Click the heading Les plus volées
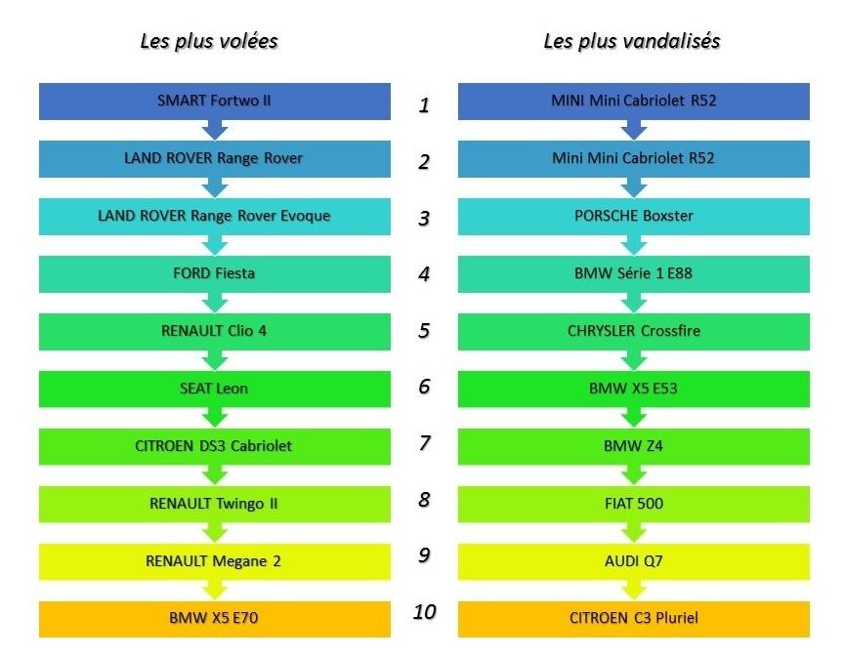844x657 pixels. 209,41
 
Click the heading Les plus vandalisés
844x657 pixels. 632,41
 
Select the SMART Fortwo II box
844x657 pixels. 214,101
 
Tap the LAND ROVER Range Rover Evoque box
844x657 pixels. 214,216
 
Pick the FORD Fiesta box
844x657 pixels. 214,273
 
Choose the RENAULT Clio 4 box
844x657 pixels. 214,331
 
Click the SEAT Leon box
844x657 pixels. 214,389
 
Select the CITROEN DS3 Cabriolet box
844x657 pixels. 214,446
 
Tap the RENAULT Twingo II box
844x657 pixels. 214,504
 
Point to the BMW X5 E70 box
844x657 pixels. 214,618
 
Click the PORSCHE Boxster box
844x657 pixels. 633,216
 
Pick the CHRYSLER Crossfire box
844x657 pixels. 633,331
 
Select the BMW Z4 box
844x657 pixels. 633,446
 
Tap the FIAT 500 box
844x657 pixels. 633,504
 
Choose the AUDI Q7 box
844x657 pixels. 633,561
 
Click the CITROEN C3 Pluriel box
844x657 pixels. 633,618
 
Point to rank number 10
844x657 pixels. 424,612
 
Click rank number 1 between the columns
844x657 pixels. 424,104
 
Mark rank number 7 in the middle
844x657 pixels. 424,443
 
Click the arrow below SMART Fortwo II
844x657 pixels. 215,130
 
